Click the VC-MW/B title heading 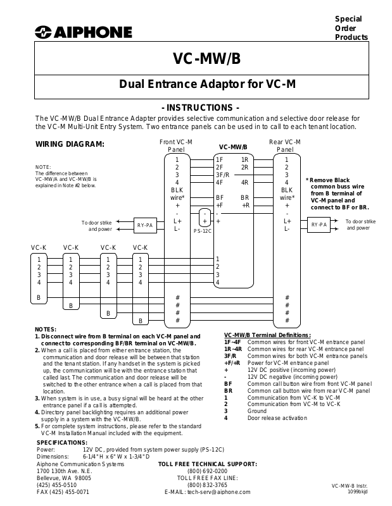[x=206, y=59]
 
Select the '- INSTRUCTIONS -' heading [x=201, y=108]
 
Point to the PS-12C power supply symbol [x=205, y=221]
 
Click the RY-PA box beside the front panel [x=145, y=225]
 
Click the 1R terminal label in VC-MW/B [x=244, y=159]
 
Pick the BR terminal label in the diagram [x=244, y=197]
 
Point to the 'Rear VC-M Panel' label [x=285, y=146]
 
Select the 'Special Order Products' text [x=351, y=28]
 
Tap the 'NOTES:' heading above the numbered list [x=46, y=330]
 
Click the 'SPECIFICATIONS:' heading [x=61, y=442]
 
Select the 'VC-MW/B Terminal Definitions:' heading [x=267, y=335]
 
